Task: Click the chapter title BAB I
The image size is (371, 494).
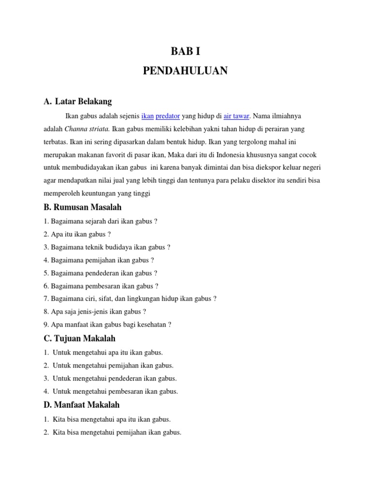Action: coord(185,52)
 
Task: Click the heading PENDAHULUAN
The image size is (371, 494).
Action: coord(185,71)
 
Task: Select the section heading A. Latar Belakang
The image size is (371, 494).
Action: coord(78,101)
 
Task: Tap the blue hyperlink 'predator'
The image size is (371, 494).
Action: coord(168,116)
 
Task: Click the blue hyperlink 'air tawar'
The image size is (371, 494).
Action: coord(236,116)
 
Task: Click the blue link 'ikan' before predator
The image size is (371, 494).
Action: coord(147,116)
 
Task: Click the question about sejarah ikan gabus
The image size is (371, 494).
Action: coord(100,221)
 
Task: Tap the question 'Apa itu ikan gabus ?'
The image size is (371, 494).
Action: coord(77,234)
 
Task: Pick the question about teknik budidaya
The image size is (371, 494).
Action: coord(107,247)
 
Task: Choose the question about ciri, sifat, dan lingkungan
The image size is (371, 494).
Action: coord(130,299)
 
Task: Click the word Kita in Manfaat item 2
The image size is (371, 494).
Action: coord(59,432)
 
